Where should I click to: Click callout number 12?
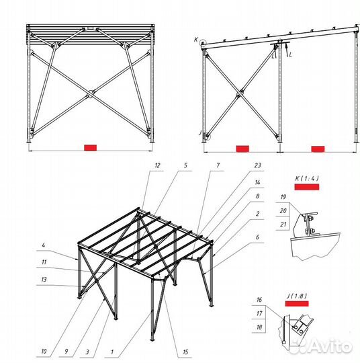(157, 165)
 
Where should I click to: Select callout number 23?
(257, 165)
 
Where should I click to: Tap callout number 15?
(185, 352)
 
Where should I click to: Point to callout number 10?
(44, 352)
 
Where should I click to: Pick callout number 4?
(43, 245)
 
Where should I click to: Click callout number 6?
(257, 237)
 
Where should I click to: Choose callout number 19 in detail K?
(283, 197)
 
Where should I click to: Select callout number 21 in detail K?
(283, 225)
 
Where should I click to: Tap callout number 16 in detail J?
(259, 300)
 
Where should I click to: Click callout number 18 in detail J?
(259, 327)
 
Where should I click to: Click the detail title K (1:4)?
(307, 178)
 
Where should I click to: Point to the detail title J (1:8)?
(297, 296)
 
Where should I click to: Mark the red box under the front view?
(90, 148)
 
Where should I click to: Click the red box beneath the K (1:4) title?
(307, 187)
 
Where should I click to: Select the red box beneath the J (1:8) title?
(297, 303)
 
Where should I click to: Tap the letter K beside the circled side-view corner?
(196, 40)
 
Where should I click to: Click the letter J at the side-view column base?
(200, 133)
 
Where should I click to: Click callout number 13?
(44, 280)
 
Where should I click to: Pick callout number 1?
(112, 352)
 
